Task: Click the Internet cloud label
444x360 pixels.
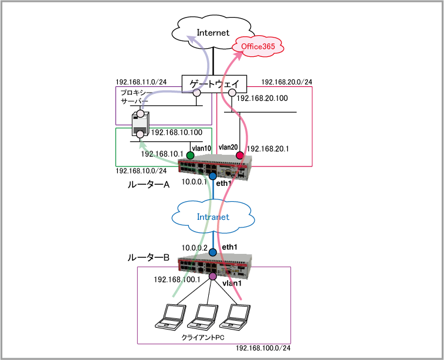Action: (x=212, y=32)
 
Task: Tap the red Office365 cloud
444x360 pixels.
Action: (x=258, y=46)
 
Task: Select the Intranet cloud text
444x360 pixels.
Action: (x=213, y=217)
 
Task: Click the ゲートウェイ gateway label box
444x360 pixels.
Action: (x=214, y=84)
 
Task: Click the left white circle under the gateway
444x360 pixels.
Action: (x=196, y=92)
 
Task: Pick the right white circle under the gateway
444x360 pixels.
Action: (x=232, y=92)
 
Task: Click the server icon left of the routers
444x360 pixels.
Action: (x=140, y=123)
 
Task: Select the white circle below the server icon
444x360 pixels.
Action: (x=140, y=134)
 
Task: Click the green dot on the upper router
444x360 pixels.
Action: (x=190, y=155)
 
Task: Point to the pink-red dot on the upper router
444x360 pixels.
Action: (x=239, y=155)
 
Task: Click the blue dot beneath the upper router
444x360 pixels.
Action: (x=213, y=176)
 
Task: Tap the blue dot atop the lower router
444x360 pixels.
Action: (x=213, y=252)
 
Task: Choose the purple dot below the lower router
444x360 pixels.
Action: (x=213, y=276)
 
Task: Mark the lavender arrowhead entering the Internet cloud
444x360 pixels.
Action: (x=191, y=39)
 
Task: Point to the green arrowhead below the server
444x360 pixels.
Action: (x=142, y=143)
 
